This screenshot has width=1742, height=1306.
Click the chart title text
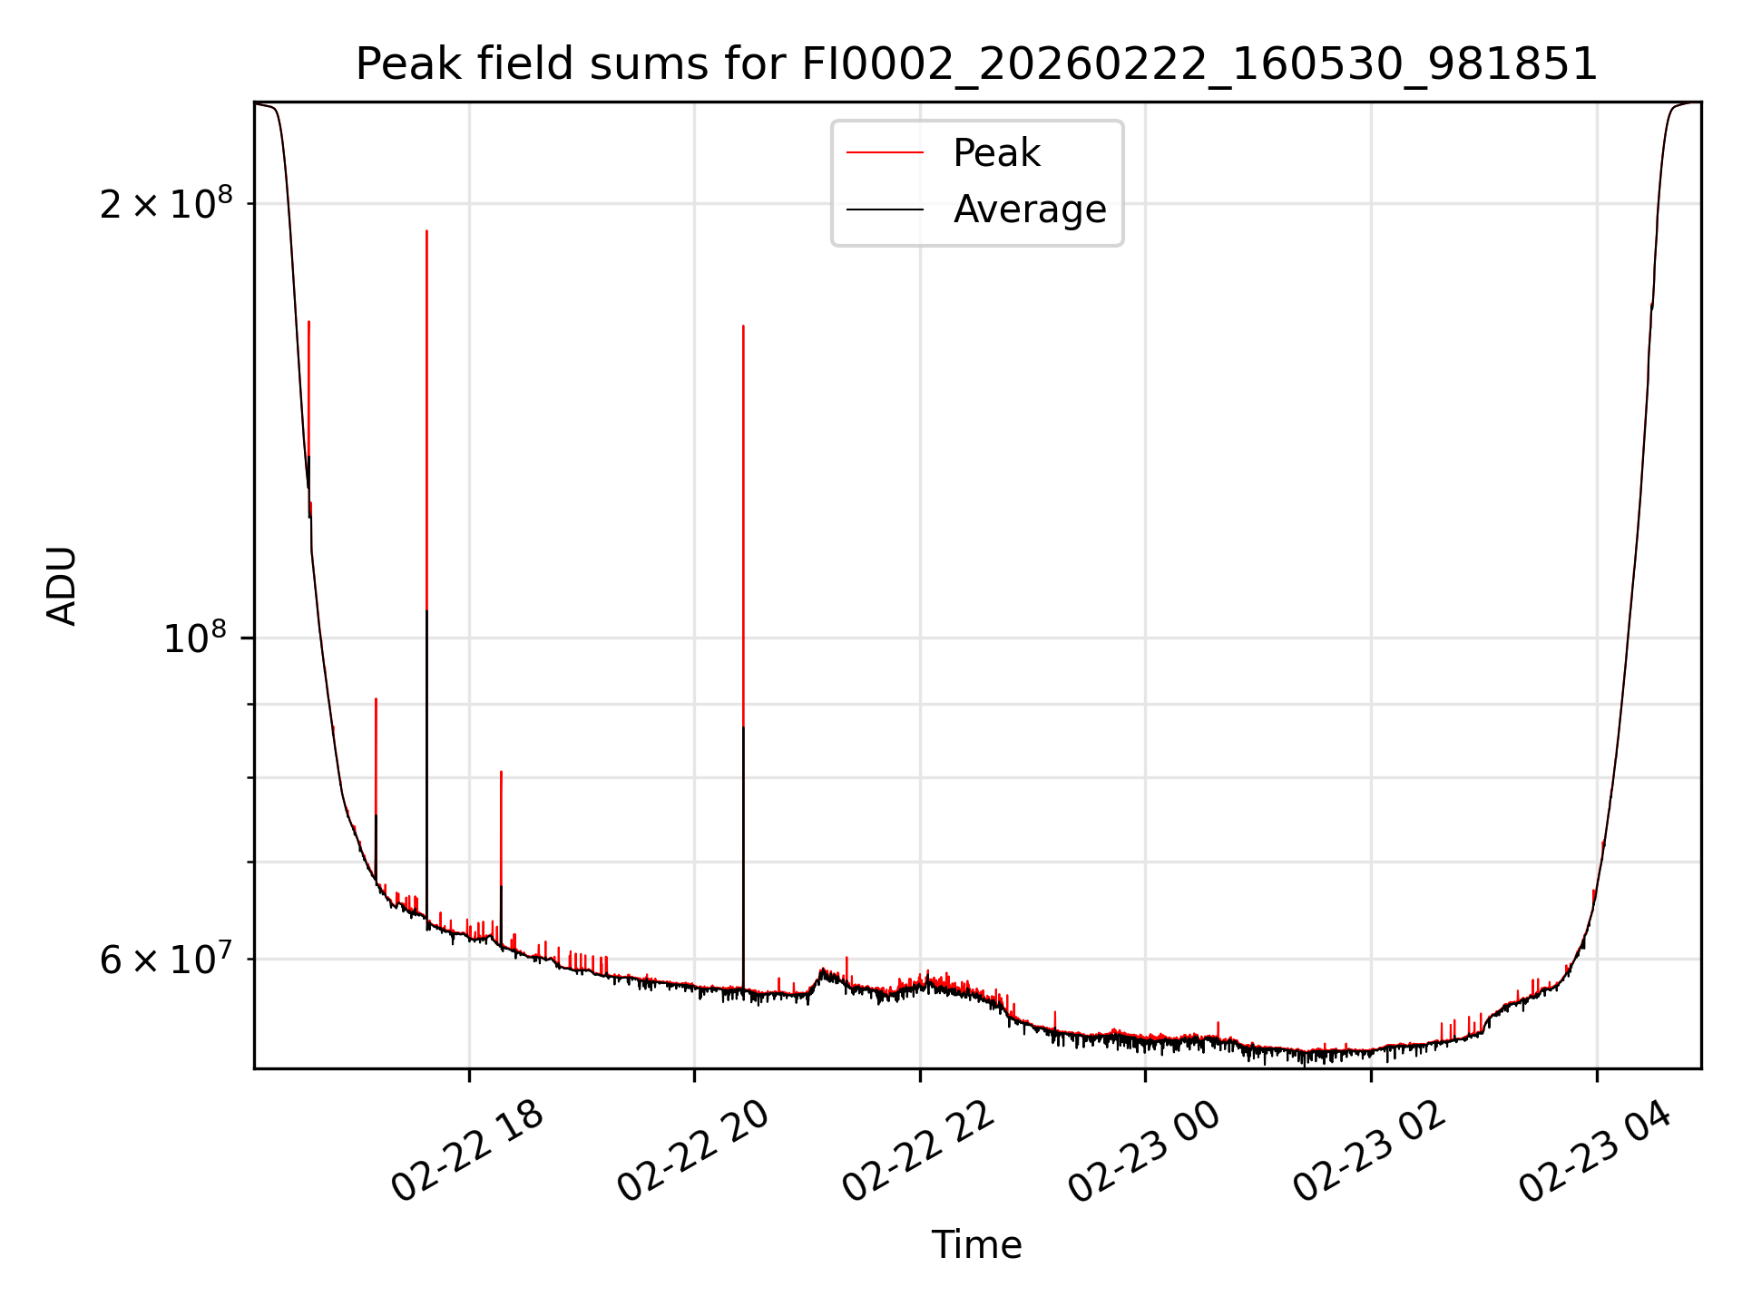pyautogui.click(x=976, y=64)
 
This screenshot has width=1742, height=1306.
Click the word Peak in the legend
pyautogui.click(x=996, y=153)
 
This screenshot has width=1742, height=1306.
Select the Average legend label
pyautogui.click(x=1029, y=210)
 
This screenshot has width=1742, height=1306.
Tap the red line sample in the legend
pyautogui.click(x=885, y=153)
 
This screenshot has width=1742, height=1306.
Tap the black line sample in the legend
pyautogui.click(x=885, y=210)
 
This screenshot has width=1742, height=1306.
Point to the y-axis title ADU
pyautogui.click(x=62, y=586)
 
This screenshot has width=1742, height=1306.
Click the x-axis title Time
pyautogui.click(x=976, y=1245)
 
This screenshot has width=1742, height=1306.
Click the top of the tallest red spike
pyautogui.click(x=426, y=231)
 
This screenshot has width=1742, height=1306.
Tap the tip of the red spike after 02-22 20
pyautogui.click(x=743, y=326)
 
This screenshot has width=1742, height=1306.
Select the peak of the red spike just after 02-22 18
pyautogui.click(x=501, y=772)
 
